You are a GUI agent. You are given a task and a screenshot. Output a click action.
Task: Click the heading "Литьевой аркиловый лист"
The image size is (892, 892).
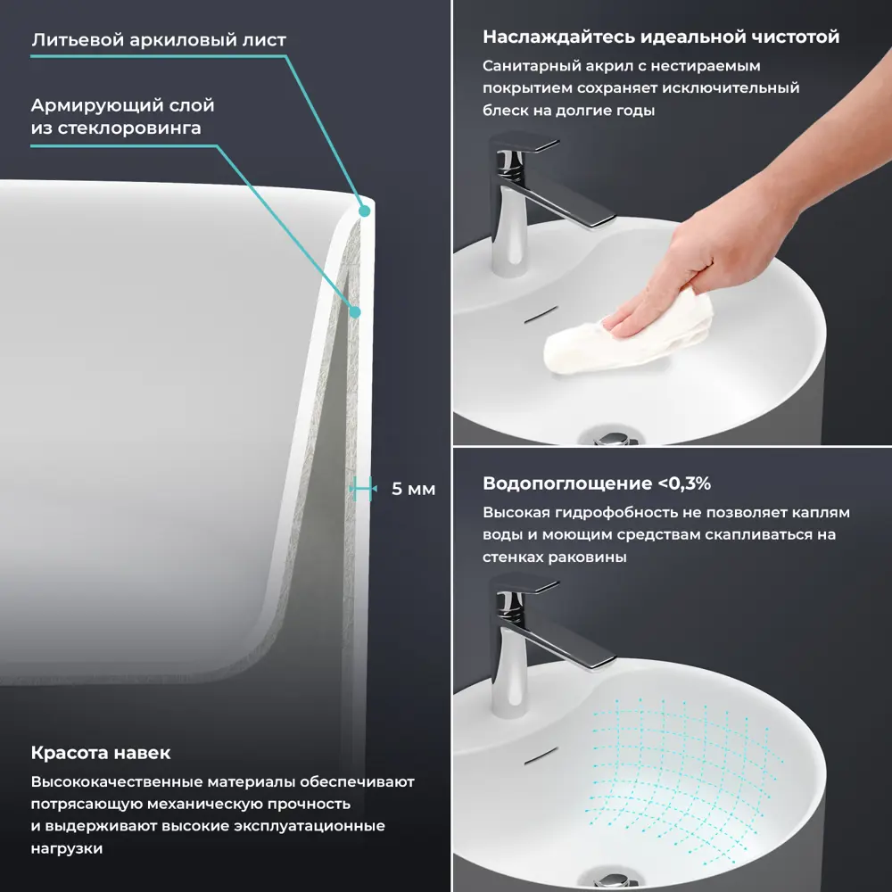coord(159,40)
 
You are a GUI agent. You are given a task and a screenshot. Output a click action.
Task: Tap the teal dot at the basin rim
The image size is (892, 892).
coord(365,211)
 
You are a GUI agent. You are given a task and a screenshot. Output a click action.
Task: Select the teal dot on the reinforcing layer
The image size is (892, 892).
coord(355,311)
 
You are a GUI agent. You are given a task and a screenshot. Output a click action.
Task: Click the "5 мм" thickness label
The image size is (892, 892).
coord(414,489)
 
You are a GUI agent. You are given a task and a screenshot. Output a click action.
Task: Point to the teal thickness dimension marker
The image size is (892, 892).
coord(363,488)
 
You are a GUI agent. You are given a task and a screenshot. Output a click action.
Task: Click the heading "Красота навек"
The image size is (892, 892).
coord(101,753)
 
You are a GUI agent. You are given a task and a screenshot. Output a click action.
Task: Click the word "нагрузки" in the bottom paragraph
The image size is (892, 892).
coord(67,848)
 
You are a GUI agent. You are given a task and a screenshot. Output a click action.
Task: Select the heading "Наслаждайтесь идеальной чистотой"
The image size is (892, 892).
coord(661,37)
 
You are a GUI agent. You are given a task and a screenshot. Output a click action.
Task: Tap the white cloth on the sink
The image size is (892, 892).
coord(628,332)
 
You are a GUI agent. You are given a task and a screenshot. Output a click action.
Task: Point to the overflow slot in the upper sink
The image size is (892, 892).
coord(541,315)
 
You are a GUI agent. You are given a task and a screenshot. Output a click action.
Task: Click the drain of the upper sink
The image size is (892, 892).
coord(612,437)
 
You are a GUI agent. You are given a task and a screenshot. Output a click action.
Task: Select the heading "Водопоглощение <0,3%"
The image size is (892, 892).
coord(597,483)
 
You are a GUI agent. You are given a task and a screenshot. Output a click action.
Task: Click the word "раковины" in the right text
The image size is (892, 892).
coord(589,557)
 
